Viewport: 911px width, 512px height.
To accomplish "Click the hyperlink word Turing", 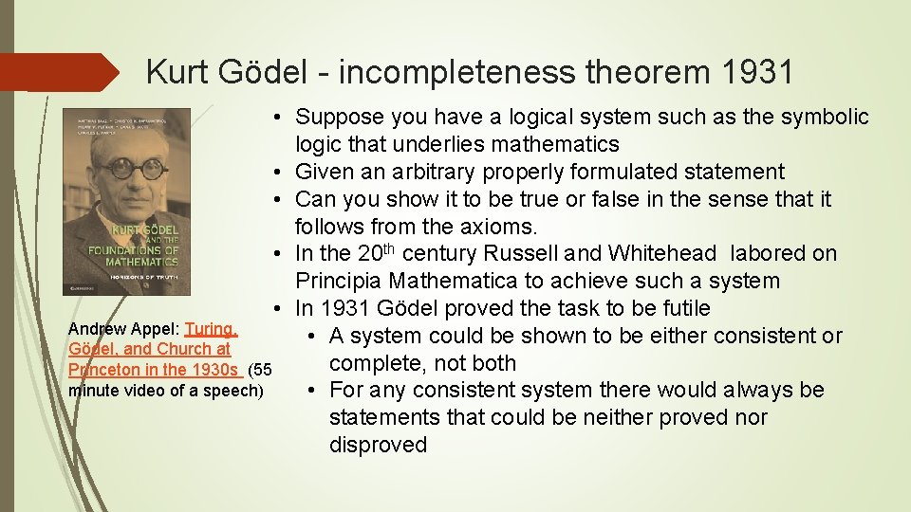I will (211, 329).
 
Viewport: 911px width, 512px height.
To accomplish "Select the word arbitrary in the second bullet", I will (432, 172).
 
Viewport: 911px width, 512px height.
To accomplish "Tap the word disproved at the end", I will (378, 445).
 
